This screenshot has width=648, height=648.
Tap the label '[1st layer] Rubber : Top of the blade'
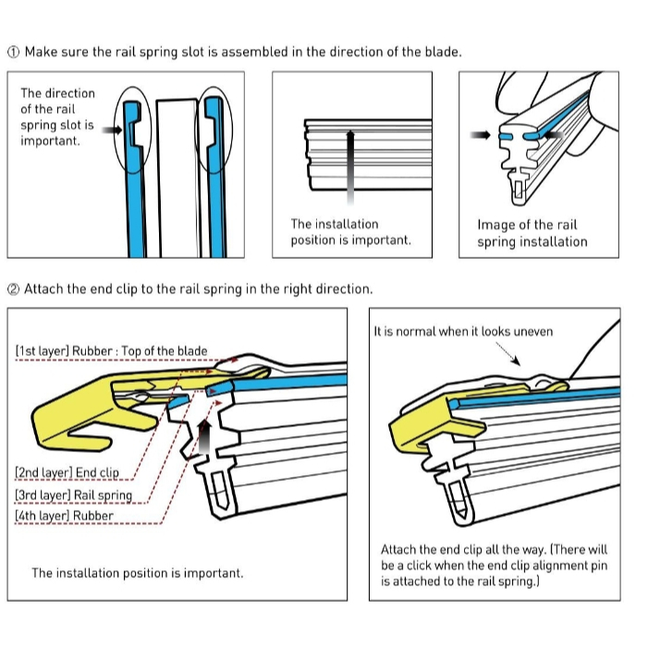click(x=111, y=351)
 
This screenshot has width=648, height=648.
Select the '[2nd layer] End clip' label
click(x=67, y=472)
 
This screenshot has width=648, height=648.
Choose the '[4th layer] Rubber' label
click(x=64, y=516)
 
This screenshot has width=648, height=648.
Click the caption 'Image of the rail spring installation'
click(x=532, y=233)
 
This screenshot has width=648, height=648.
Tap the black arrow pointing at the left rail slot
click(x=112, y=132)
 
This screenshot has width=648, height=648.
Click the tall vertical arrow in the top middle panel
click(x=350, y=166)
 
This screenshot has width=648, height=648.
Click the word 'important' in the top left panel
click(x=50, y=141)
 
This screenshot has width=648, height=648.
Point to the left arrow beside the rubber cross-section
click(x=480, y=135)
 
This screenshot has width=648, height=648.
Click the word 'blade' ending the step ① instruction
click(x=442, y=52)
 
